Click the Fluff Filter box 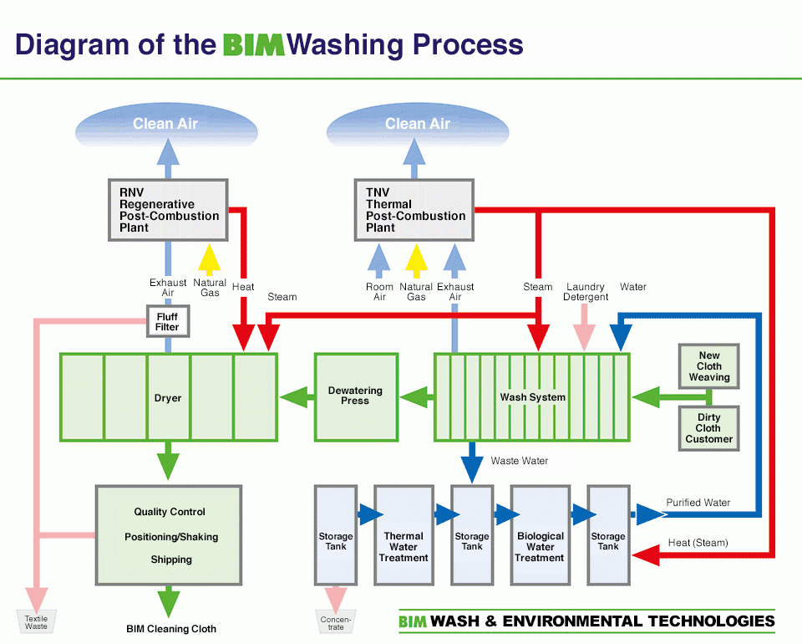(x=167, y=322)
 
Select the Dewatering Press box (x=355, y=396)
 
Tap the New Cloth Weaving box (x=709, y=366)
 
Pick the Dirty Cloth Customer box (x=709, y=428)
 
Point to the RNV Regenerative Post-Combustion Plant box (x=168, y=209)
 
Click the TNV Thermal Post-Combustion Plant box (x=414, y=209)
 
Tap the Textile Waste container (x=36, y=620)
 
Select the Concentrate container (x=335, y=621)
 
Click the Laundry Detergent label (x=586, y=292)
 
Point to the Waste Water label (x=520, y=461)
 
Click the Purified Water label (x=698, y=503)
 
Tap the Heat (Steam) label (x=698, y=543)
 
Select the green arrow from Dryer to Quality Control (x=169, y=461)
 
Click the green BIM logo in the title (x=254, y=44)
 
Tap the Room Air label (x=379, y=292)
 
